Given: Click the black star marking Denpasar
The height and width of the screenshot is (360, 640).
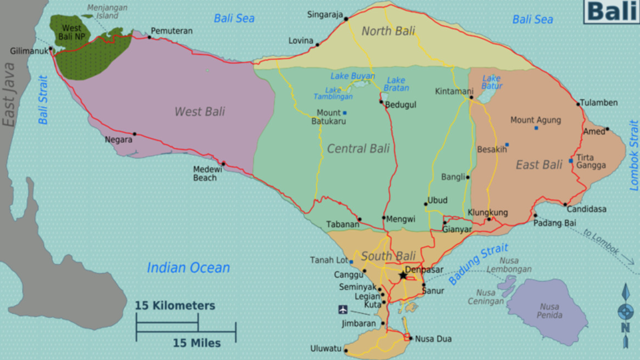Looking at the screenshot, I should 403,275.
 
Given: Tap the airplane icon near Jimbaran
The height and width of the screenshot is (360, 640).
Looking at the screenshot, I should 343,310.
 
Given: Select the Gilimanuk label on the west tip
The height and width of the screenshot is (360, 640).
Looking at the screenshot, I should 29,52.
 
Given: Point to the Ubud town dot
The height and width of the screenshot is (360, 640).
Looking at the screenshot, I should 425,204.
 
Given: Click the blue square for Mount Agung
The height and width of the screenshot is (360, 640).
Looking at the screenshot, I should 536,128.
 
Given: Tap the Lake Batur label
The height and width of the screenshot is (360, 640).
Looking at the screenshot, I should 492,82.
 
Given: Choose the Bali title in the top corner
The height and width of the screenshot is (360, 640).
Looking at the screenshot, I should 611,12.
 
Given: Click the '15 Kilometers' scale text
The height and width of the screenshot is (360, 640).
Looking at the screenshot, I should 175,306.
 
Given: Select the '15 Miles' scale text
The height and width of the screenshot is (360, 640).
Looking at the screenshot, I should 197,344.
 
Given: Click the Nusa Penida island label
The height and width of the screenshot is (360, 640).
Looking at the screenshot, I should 550,311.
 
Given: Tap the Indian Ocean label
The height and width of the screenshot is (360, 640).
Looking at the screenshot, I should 188,268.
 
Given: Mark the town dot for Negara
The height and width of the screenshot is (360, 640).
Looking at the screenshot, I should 134,134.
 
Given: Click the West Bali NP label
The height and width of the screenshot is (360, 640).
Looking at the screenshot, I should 71,32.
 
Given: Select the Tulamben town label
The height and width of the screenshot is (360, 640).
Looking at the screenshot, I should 599,103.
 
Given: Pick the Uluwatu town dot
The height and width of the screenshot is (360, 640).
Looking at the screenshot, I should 346,350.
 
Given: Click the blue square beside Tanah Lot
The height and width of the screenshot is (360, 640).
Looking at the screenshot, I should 351,262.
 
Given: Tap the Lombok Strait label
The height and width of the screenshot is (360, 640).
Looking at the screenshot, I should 634,155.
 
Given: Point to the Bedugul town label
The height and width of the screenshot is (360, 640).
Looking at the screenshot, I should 401,105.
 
